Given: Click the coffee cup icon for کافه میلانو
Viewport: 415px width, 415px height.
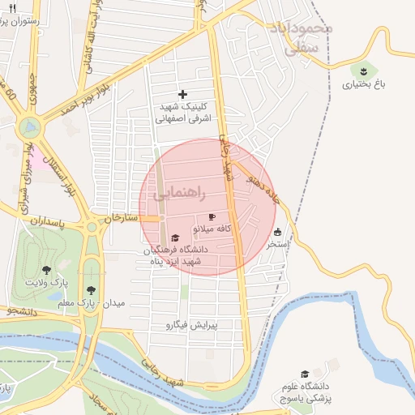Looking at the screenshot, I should point(212,217).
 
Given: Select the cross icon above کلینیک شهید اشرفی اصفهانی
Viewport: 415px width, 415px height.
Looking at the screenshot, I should point(182,95).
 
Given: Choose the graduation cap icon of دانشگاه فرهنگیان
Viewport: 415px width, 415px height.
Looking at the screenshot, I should point(175,238).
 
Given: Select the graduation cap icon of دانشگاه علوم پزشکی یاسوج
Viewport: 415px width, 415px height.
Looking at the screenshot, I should point(304,374).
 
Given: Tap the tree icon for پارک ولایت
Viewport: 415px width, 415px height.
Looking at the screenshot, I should point(47,271).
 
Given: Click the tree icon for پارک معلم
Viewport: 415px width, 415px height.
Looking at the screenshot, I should point(92,289).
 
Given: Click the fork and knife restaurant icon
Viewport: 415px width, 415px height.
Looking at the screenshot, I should point(12,8).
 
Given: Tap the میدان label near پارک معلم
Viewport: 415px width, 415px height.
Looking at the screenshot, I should point(114,303).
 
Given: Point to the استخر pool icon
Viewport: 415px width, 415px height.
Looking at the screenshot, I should point(278,232).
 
